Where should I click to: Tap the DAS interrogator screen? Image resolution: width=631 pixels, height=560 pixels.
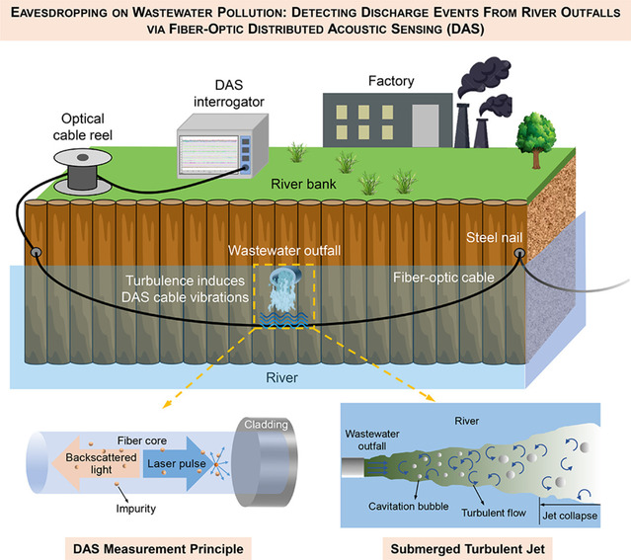click(212, 147)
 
